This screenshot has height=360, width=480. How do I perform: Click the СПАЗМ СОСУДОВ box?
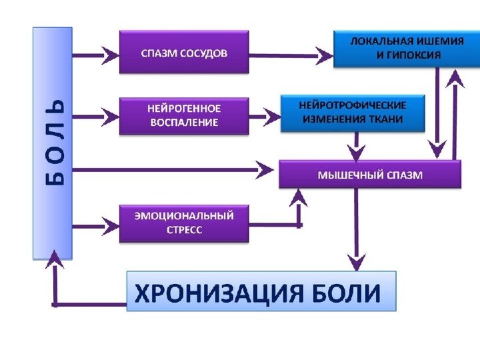click(184, 51)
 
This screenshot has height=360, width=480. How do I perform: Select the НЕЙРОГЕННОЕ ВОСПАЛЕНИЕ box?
click(183, 115)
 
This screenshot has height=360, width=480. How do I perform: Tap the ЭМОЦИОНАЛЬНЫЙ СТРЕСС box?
click(183, 222)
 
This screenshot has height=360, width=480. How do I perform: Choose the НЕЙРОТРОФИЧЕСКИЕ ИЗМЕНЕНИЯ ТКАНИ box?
click(353, 113)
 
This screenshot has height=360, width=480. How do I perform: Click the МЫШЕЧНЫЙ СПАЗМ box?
click(369, 175)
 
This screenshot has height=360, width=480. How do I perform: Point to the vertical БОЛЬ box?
click(52, 142)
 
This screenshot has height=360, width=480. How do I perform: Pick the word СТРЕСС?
click(184, 229)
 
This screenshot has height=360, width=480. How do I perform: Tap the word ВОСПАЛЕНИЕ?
click(183, 121)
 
